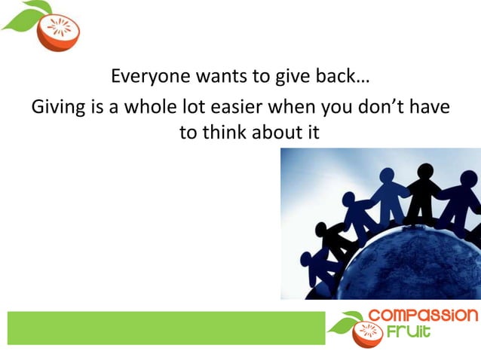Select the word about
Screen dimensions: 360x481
(277, 133)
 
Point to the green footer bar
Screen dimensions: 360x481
(166, 328)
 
